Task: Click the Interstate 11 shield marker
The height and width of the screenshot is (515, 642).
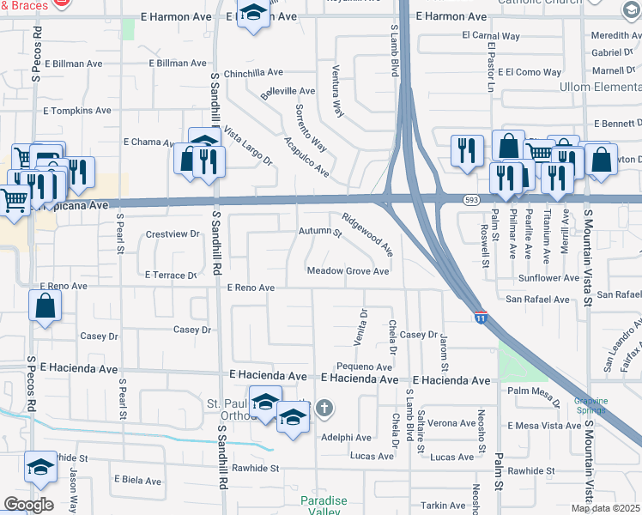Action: [x=480, y=318]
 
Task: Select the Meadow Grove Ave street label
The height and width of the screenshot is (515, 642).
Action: [x=348, y=271]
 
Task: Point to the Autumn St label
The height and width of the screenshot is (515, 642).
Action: [x=320, y=232]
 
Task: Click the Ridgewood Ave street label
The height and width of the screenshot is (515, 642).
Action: [x=366, y=234]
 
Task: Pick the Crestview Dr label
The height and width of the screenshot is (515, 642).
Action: [x=172, y=233]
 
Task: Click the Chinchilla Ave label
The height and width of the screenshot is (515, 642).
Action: [x=253, y=74]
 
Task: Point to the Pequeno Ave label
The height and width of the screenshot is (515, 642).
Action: [x=364, y=367]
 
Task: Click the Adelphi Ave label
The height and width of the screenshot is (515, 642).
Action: [x=345, y=437]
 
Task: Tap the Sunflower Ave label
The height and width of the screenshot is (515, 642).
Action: [x=548, y=278]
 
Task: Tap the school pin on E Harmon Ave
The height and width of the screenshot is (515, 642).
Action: [x=252, y=15]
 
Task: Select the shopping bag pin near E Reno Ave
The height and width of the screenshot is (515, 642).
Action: [x=45, y=306]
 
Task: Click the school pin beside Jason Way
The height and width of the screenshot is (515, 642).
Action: [x=39, y=466]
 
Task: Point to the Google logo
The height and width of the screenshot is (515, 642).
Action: [x=28, y=505]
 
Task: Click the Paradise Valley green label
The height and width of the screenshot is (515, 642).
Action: [x=324, y=506]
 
